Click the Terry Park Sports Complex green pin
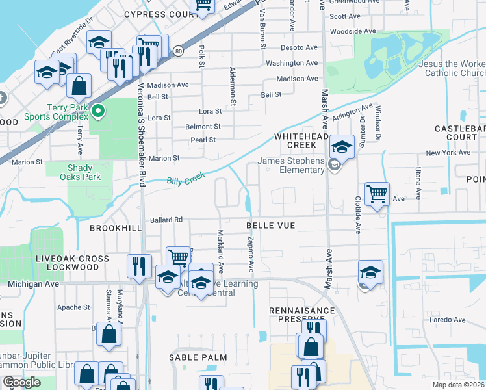point(98,112)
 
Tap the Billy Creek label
point(185,179)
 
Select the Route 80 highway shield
point(177,51)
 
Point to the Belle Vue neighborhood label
point(270,226)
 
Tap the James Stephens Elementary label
point(290,166)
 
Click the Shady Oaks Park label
point(80,172)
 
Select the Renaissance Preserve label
point(302,315)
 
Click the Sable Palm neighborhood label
point(198,357)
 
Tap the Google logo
point(21,382)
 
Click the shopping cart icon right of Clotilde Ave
point(377,194)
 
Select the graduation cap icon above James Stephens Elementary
point(342,146)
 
